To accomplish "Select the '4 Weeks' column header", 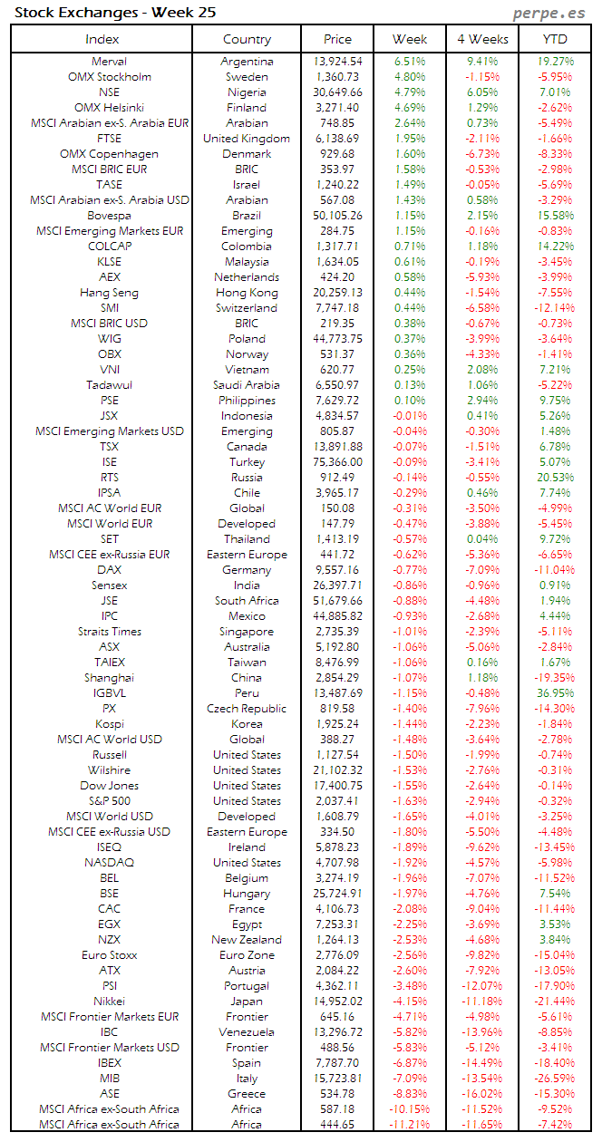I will [x=482, y=39].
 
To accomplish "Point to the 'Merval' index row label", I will [x=109, y=62].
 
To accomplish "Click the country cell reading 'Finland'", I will [x=247, y=108].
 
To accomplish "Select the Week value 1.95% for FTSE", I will [x=410, y=139].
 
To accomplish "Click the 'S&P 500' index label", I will [x=109, y=801].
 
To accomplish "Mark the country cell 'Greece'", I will [x=247, y=1094].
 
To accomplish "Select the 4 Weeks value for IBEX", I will [x=482, y=1063].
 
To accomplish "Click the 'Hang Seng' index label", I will [x=109, y=293].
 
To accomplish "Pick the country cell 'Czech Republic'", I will [x=247, y=709].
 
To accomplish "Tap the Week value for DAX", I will [x=410, y=570].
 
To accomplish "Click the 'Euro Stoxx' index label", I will [x=109, y=955].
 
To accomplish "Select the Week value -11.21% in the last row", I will [x=410, y=1125].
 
